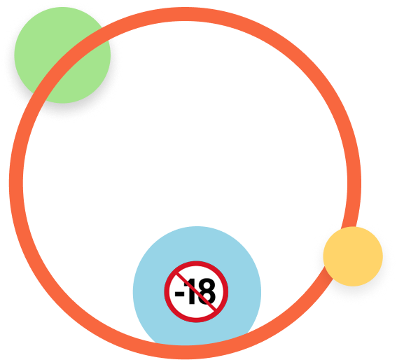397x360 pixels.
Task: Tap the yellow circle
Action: [x=353, y=256]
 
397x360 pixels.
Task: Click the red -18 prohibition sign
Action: [x=196, y=291]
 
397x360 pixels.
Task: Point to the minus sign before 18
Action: [x=179, y=294]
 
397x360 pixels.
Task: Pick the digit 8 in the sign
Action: [x=207, y=291]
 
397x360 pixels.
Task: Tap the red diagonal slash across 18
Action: [x=197, y=291]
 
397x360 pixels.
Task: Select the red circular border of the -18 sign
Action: [x=196, y=263]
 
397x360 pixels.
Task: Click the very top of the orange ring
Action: [x=185, y=14]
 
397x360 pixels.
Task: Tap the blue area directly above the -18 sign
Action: [x=197, y=243]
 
